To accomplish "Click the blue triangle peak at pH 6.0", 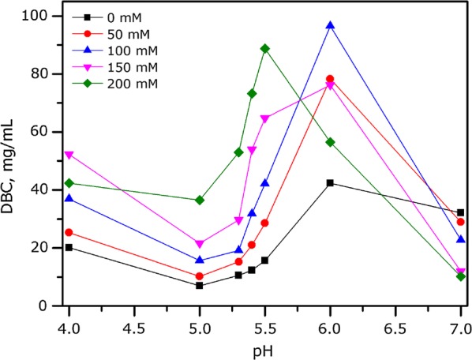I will tap(330, 26).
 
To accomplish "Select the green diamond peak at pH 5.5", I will tap(265, 49).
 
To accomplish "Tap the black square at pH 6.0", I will tap(330, 183).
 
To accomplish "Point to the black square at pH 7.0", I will tap(460, 212).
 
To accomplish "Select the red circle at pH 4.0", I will tap(69, 232).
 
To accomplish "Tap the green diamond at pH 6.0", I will tap(330, 142).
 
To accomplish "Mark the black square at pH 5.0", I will tap(200, 285).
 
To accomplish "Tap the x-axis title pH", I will tap(265, 347).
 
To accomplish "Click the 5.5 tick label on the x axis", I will tap(265, 324).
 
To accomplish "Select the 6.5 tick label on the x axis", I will tap(395, 324).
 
